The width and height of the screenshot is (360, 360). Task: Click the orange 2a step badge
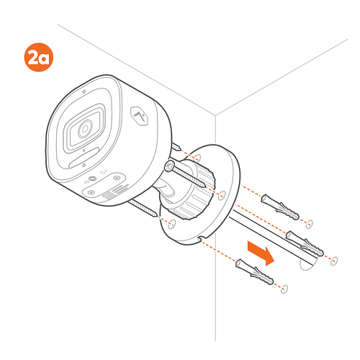pos(39,57)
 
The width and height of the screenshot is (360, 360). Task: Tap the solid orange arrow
pos(261,253)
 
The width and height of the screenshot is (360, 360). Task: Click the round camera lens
pos(84,129)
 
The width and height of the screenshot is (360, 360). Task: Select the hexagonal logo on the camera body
pos(139,116)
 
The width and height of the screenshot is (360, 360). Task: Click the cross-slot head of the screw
pos(170,166)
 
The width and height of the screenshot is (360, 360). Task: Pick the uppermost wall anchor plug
pos(280,207)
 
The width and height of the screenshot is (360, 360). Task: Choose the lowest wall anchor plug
pos(255,271)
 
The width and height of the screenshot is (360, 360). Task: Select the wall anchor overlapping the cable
pos(305,243)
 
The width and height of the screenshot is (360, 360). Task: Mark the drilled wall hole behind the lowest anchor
pos(284,289)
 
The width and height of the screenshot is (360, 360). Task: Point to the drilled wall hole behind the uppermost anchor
pos(309,224)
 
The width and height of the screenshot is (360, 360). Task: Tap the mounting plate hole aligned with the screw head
pos(222,195)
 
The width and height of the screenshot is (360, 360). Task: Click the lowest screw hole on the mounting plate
pos(172,224)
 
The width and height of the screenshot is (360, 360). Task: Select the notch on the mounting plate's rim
pos(202,238)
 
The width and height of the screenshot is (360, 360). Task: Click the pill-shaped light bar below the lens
pos(84,158)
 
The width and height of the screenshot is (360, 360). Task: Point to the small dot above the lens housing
pos(84,91)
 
